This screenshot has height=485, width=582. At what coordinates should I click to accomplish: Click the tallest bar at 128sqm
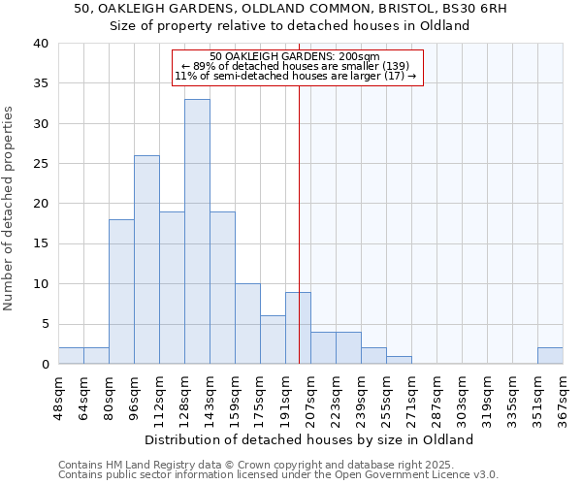197,232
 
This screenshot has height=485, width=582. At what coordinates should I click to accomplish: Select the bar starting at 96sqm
146,260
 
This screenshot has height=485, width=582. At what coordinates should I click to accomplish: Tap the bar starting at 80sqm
121,292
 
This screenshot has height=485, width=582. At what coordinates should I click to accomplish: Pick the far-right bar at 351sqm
550,356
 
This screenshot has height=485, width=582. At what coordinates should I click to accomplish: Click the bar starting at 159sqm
247,324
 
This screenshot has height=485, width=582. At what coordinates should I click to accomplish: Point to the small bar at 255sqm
399,361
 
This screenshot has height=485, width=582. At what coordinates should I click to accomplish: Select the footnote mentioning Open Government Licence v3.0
278,474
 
